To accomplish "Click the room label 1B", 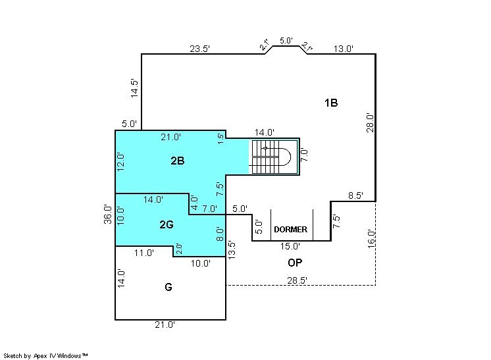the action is [x=331, y=103].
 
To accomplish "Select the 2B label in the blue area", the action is [x=178, y=161].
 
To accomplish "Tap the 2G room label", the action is [x=167, y=224].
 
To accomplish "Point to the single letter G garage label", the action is [x=168, y=287].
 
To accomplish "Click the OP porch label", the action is [x=295, y=263].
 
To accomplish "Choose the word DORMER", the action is [x=291, y=230].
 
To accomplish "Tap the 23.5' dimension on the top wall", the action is [x=199, y=49].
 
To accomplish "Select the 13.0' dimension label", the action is [x=343, y=49].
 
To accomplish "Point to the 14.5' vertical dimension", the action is [x=134, y=88].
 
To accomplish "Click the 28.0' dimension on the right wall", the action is [x=370, y=122].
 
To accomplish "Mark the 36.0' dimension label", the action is [x=108, y=214].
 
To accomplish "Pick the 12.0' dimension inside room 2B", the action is [x=120, y=162].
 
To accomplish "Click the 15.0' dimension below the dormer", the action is [x=290, y=246].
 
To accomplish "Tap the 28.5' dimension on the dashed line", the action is [x=297, y=280].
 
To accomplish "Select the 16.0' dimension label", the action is [x=371, y=239].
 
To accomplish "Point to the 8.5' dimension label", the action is [x=355, y=195].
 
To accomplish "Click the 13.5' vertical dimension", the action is [x=232, y=250].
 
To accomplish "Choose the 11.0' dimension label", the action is [x=144, y=253].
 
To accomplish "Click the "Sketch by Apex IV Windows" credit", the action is [x=45, y=355].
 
